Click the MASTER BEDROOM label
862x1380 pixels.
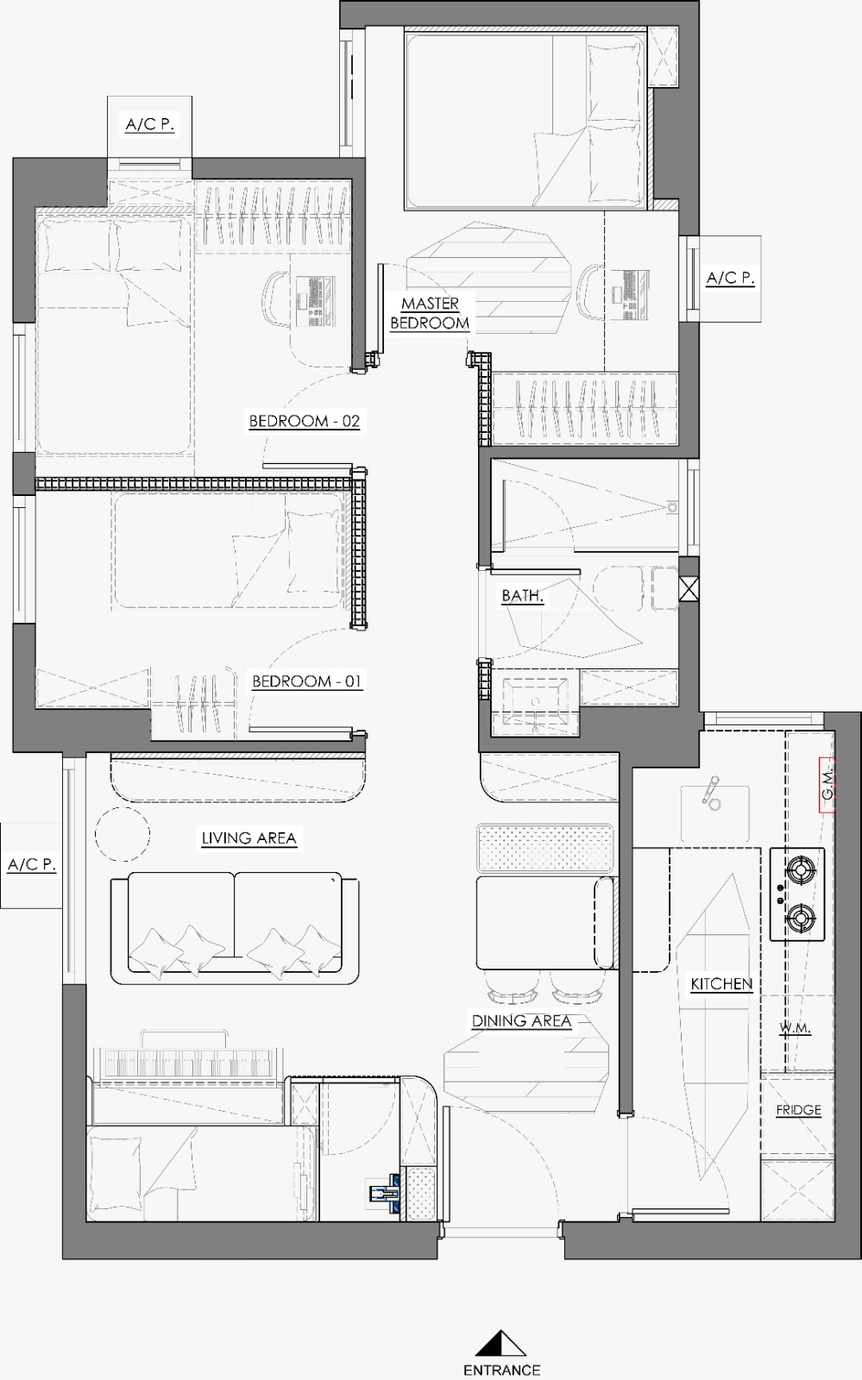pyautogui.click(x=430, y=313)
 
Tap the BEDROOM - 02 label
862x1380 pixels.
pyautogui.click(x=304, y=421)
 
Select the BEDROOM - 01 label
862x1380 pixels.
pyautogui.click(x=306, y=681)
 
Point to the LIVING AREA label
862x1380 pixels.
pyautogui.click(x=249, y=837)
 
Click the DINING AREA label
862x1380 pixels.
pyautogui.click(x=521, y=1021)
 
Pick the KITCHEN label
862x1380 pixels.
pyautogui.click(x=721, y=984)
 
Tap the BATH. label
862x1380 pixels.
pyautogui.click(x=522, y=596)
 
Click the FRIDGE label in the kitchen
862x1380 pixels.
pyautogui.click(x=798, y=1109)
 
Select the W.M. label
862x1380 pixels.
pyautogui.click(x=795, y=1028)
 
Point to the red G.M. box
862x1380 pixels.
pyautogui.click(x=827, y=785)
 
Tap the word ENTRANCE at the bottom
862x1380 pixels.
pyautogui.click(x=501, y=1370)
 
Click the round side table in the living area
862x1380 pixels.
pyautogui.click(x=123, y=833)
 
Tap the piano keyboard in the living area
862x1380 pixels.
pyautogui.click(x=189, y=1062)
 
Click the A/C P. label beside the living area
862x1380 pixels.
pyautogui.click(x=31, y=864)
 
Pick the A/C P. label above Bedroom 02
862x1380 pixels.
pyautogui.click(x=150, y=124)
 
